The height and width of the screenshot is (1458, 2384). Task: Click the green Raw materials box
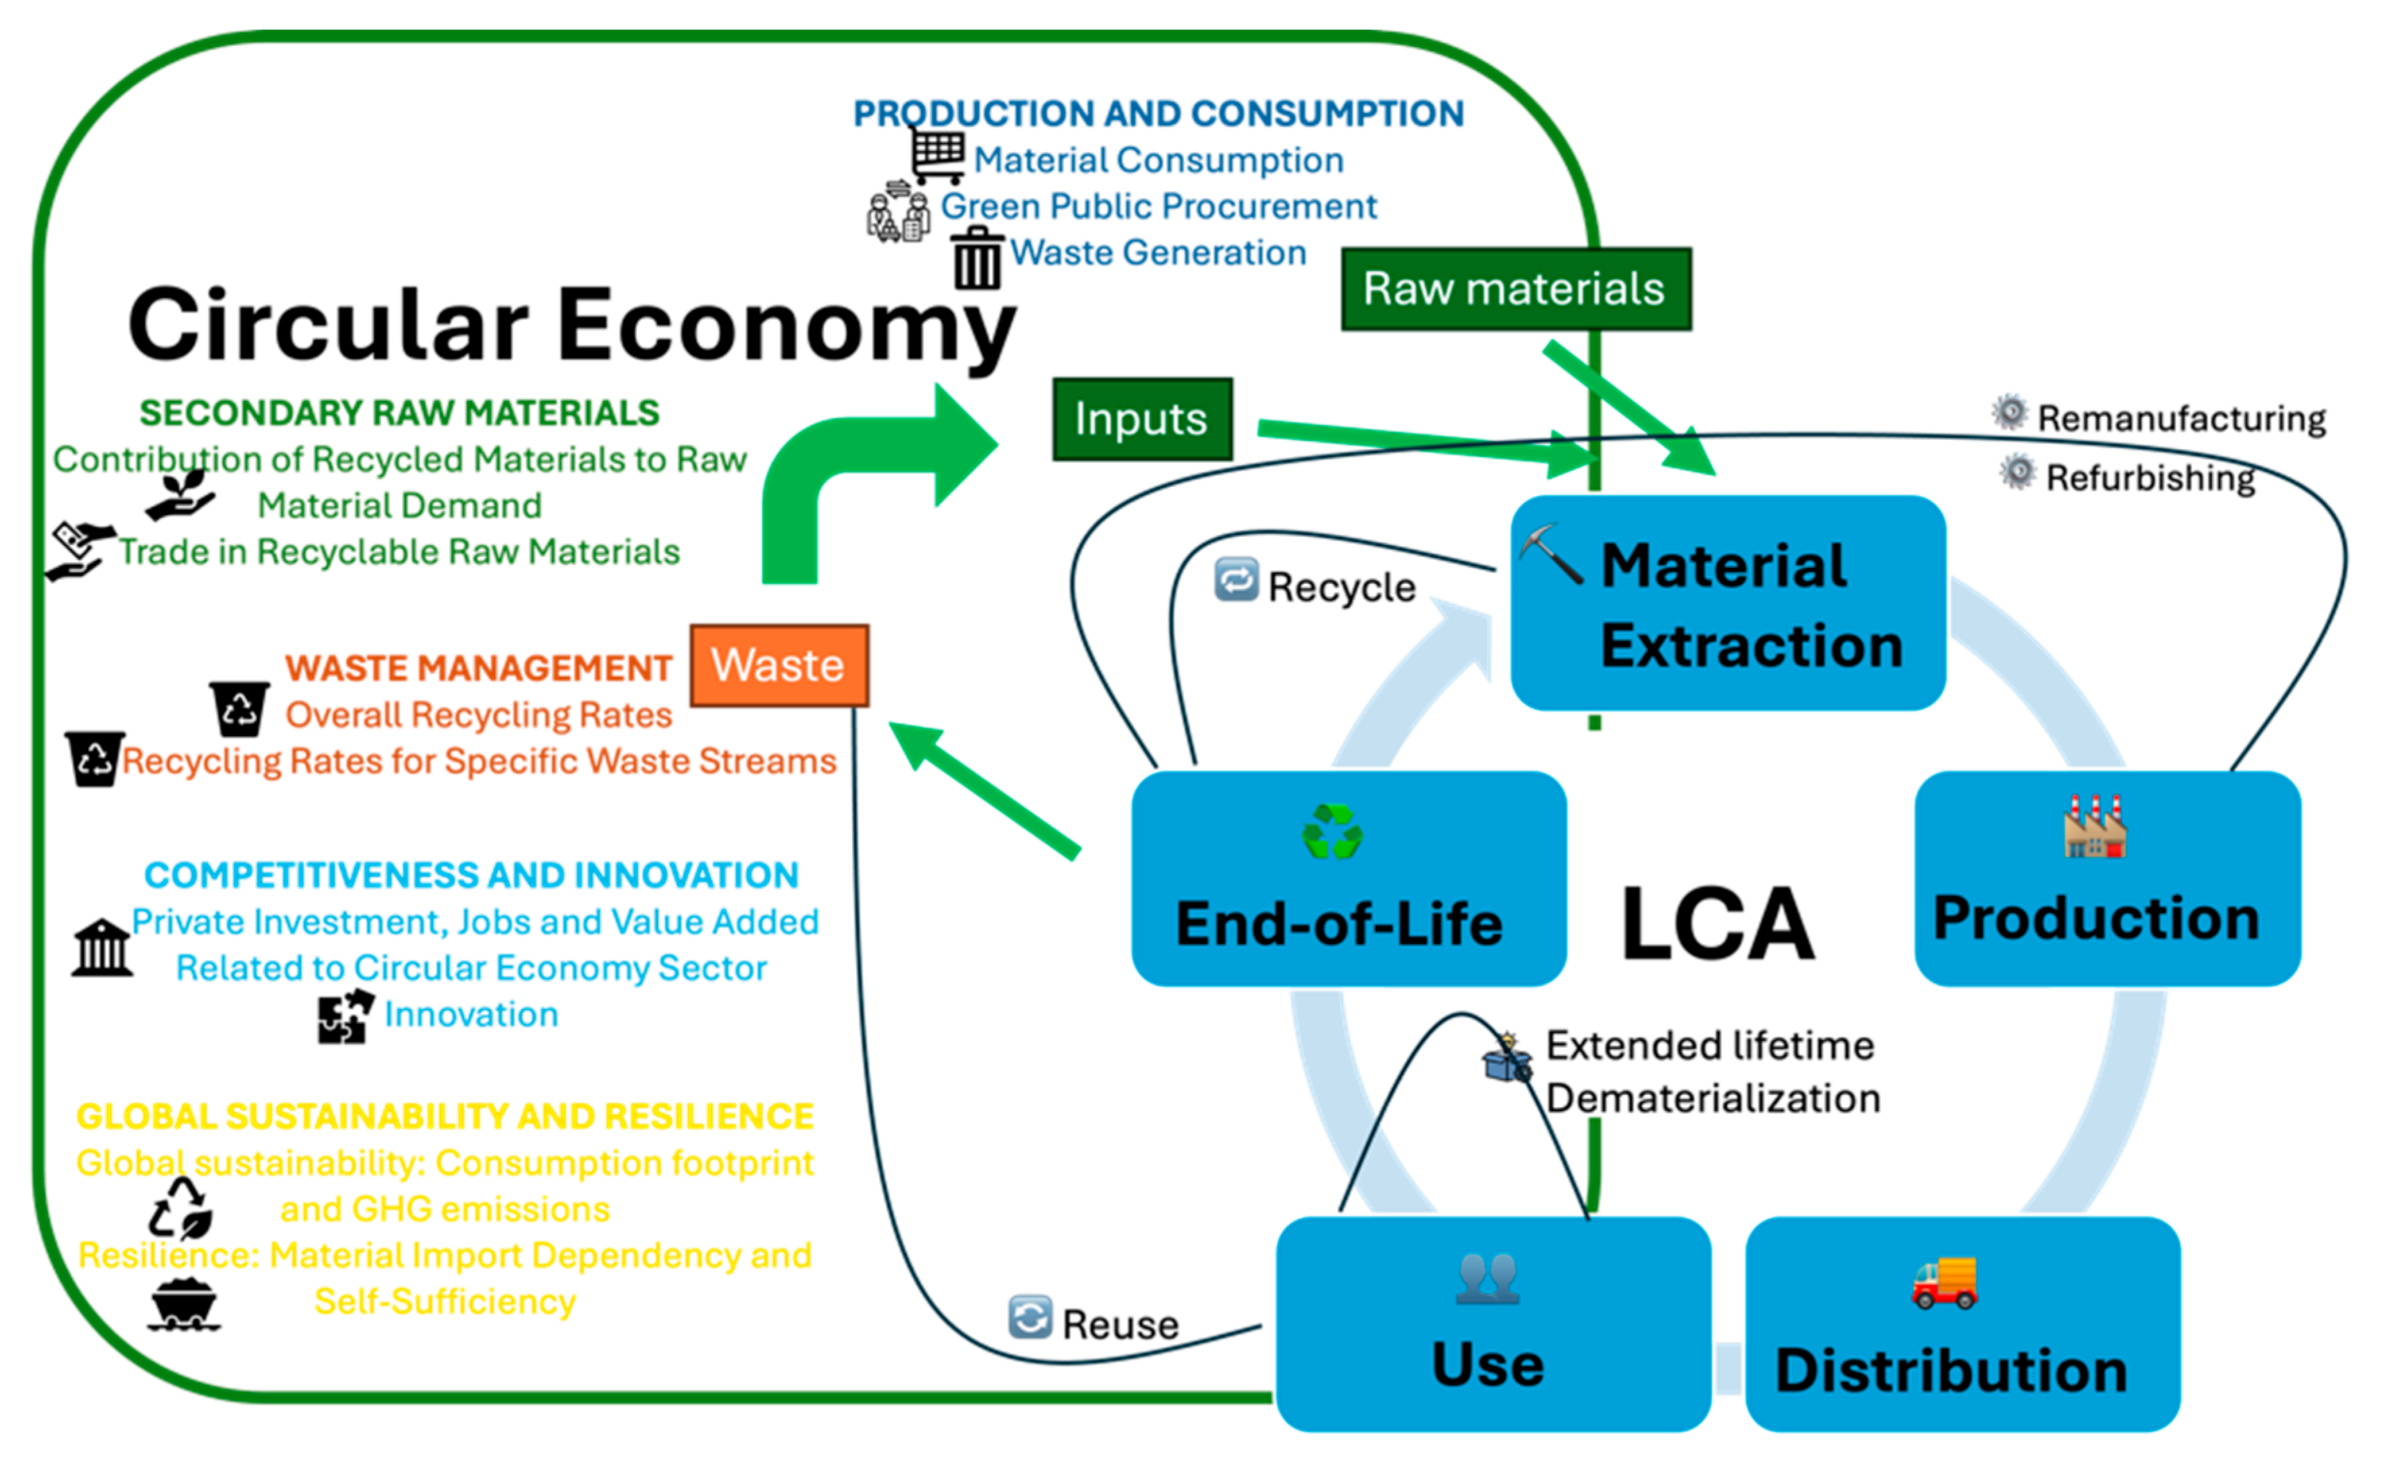1515,288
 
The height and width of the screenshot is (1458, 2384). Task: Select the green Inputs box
1142,419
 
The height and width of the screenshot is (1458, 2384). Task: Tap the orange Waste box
779,665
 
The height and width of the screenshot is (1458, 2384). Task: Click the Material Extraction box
1728,603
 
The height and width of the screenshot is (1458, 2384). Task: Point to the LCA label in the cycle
1717,924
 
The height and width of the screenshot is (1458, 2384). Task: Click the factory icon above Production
2095,827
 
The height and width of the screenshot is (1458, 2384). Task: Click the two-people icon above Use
1488,1278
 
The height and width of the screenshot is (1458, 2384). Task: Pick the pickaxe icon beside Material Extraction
1551,554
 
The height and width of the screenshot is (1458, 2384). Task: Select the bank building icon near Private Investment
102,948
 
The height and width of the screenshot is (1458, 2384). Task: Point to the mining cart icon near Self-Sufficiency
184,1305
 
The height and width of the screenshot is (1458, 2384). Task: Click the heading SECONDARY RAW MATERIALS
399,413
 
